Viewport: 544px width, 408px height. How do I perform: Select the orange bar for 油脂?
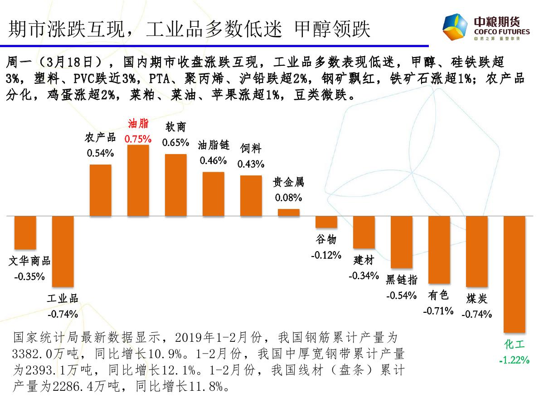pyautogui.click(x=138, y=180)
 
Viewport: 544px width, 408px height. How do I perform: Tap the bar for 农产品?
pyautogui.click(x=101, y=190)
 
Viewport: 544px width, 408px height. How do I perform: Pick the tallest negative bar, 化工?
pyautogui.click(x=515, y=274)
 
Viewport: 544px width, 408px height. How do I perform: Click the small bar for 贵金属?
pyautogui.click(x=289, y=212)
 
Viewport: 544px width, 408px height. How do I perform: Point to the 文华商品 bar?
pyautogui.click(x=25, y=233)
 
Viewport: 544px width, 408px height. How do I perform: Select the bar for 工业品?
pyautogui.click(x=63, y=251)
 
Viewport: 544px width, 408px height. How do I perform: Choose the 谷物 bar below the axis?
pyautogui.click(x=326, y=222)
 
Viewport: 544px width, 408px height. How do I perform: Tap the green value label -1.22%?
pyautogui.click(x=514, y=360)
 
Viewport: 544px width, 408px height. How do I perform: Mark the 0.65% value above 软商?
pyautogui.click(x=175, y=142)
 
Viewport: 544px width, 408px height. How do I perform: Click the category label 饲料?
pyautogui.click(x=251, y=148)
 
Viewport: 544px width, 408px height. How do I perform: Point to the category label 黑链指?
pyautogui.click(x=402, y=279)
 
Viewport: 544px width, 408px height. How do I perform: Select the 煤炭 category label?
pyautogui.click(x=477, y=298)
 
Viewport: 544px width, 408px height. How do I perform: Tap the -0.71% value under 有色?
pyautogui.click(x=438, y=311)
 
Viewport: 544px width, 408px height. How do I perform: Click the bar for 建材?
pyautogui.click(x=364, y=232)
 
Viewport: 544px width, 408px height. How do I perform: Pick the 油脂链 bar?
pyautogui.click(x=213, y=194)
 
